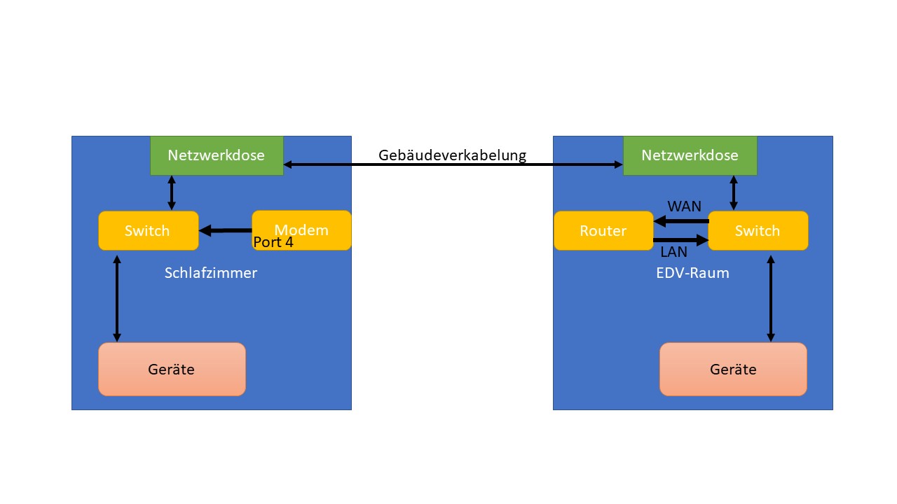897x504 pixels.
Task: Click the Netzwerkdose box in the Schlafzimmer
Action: tap(217, 155)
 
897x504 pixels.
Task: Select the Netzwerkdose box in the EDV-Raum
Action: tap(690, 155)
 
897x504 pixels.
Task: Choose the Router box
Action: tap(603, 230)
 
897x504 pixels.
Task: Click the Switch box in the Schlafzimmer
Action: tap(147, 230)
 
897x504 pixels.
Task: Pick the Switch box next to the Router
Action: tap(758, 230)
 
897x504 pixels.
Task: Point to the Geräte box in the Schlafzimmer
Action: tap(172, 369)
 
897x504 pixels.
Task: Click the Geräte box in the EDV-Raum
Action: tap(733, 369)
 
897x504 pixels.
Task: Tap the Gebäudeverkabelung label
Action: tap(452, 155)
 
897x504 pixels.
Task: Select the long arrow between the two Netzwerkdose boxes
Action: tap(453, 165)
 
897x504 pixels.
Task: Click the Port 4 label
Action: tap(273, 243)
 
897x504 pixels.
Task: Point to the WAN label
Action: tap(684, 206)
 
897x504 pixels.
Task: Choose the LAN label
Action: tap(674, 252)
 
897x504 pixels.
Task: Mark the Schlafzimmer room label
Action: tap(211, 273)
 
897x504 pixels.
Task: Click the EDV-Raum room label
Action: tap(692, 273)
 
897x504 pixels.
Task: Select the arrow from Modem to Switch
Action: tap(226, 230)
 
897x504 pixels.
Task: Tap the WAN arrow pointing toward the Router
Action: tap(681, 221)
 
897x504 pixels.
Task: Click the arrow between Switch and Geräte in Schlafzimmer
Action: tap(117, 298)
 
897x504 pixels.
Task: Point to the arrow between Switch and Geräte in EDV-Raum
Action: tap(771, 298)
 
